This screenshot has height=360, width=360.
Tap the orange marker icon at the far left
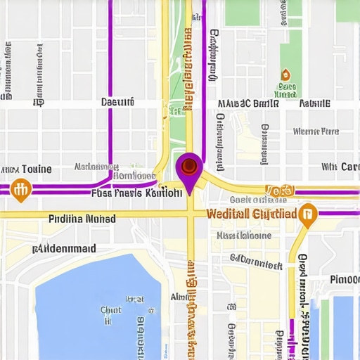(x=21, y=188)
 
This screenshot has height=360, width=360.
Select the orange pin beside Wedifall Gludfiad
(x=307, y=214)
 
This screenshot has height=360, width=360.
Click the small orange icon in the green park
(x=285, y=75)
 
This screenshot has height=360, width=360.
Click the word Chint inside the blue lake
(x=110, y=309)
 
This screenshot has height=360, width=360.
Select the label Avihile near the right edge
(x=314, y=103)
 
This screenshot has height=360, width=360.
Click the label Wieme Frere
(x=316, y=131)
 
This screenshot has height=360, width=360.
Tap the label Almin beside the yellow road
(x=181, y=297)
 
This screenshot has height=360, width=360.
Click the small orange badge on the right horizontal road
(x=279, y=191)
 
